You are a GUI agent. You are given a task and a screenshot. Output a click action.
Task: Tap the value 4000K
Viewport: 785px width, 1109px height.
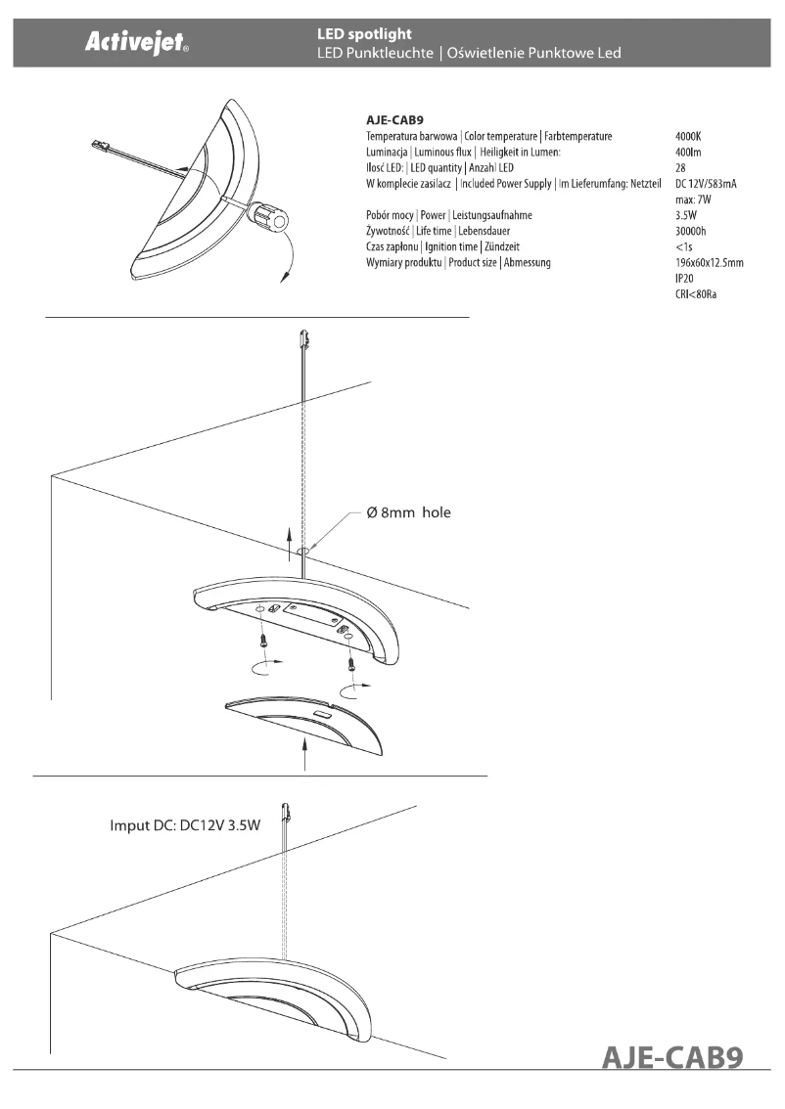pos(689,136)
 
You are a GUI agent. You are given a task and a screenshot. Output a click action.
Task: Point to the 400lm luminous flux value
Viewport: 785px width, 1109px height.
pos(688,152)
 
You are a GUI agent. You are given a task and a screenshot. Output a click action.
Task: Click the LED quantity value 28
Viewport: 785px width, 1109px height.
pos(680,167)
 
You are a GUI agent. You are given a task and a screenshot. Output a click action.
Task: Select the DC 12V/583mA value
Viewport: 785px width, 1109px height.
pos(706,183)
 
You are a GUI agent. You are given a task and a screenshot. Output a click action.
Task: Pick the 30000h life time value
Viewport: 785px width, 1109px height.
pos(691,231)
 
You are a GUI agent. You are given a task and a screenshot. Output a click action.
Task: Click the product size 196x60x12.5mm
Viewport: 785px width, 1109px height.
pos(710,262)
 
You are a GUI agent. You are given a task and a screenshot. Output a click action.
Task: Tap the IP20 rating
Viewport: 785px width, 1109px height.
pos(685,278)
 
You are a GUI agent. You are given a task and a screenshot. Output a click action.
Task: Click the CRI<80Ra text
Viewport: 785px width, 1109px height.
pos(696,293)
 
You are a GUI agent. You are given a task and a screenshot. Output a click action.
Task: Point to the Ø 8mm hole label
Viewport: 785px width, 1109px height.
pos(408,512)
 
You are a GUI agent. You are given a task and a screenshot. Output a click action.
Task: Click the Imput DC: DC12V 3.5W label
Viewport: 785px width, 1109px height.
pos(185,825)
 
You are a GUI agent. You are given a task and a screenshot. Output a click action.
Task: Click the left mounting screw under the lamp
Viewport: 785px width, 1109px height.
pos(263,640)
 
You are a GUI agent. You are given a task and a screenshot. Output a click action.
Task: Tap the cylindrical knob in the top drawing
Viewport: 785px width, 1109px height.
pos(270,216)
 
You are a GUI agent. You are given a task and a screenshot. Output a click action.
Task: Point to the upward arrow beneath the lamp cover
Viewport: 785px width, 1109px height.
pos(306,754)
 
